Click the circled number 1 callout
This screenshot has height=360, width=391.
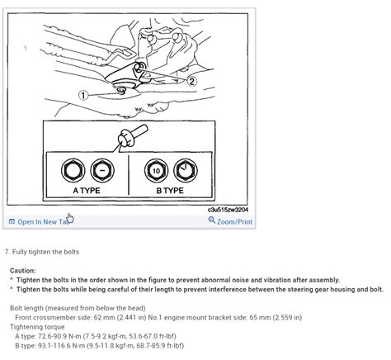tap(83, 96)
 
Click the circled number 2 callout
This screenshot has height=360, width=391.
tap(191, 81)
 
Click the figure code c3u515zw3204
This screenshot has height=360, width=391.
tap(228, 211)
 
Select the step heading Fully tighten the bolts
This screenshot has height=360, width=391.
tap(43, 251)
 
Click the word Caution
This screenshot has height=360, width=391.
tap(22, 270)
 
